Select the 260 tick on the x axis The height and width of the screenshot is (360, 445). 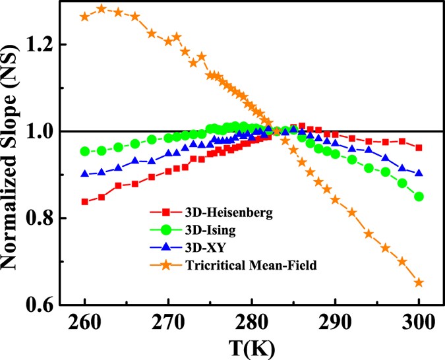click(x=84, y=324)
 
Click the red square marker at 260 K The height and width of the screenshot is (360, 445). click(x=84, y=202)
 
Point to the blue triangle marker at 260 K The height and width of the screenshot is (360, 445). click(x=84, y=174)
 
